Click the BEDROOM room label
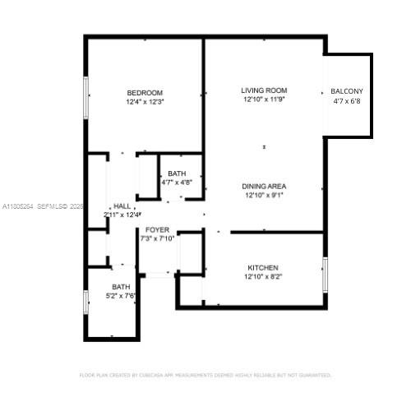point(145,92)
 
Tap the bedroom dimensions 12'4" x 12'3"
point(145,102)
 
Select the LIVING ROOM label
point(263,90)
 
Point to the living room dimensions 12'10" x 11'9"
point(263,99)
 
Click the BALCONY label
point(347,91)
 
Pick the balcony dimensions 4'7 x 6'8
point(347,102)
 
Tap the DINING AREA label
point(263,186)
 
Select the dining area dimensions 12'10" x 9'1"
point(263,196)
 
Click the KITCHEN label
point(263,268)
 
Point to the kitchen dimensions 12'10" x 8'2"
point(263,278)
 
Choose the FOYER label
point(157,229)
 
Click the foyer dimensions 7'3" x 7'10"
point(157,239)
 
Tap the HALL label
point(122,205)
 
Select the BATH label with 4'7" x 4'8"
point(177,173)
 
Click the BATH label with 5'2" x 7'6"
point(122,286)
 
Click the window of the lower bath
point(85,302)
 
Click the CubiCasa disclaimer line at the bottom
point(205,375)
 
